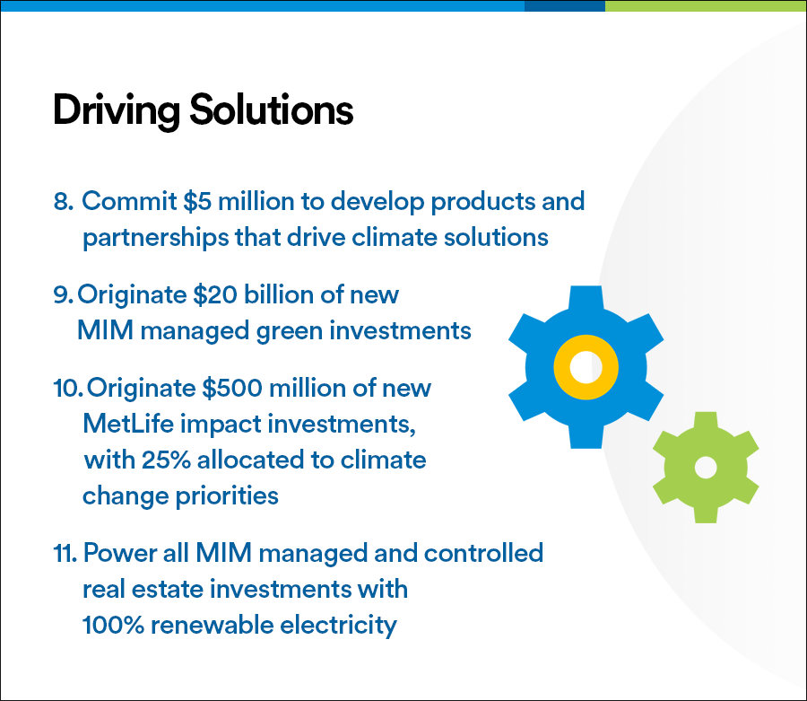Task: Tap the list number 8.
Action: [x=63, y=201]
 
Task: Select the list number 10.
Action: [x=67, y=388]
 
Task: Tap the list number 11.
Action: [x=65, y=553]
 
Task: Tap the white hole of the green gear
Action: [x=706, y=468]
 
